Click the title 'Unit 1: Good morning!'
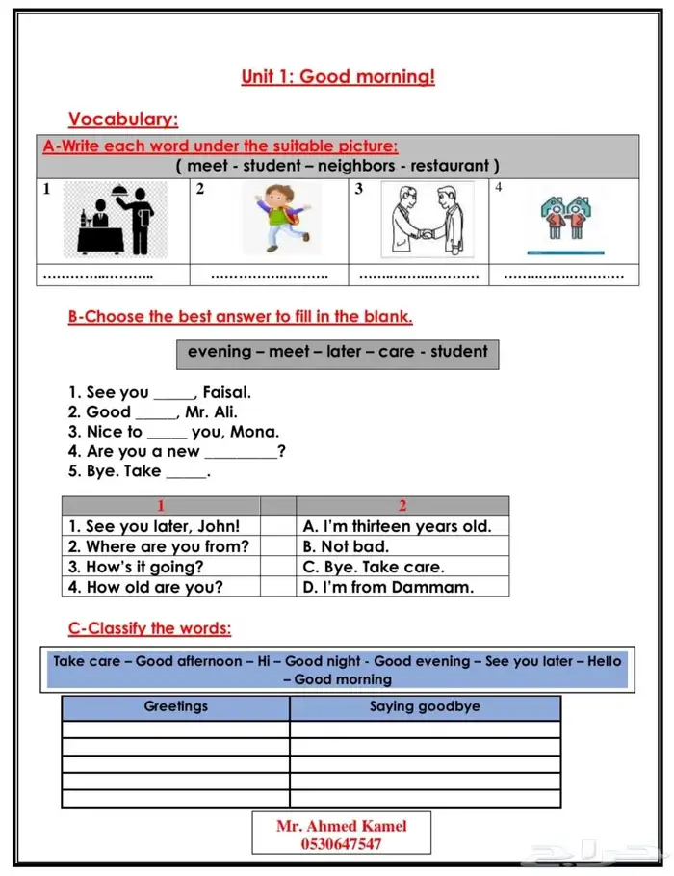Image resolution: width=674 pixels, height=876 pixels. point(338,77)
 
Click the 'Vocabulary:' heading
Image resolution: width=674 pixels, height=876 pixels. point(123,119)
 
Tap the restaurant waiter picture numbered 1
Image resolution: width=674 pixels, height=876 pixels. point(115,220)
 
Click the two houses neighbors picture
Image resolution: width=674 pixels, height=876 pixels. point(564,221)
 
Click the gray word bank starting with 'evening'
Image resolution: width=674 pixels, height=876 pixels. point(337,352)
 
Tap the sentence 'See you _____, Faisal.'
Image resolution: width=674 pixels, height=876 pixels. point(159,392)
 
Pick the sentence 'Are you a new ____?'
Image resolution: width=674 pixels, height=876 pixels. point(176,451)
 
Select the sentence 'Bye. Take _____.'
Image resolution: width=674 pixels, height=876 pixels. point(139,471)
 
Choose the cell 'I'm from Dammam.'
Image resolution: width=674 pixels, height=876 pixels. point(388,587)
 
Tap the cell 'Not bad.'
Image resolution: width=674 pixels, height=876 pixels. point(347,546)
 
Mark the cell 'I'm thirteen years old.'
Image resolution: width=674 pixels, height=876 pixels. point(397,526)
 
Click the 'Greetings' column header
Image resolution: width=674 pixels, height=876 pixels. point(175,706)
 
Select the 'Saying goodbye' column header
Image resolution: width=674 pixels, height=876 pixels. point(425,706)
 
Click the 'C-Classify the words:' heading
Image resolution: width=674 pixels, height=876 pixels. point(149,628)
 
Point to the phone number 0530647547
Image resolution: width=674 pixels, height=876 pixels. point(341,844)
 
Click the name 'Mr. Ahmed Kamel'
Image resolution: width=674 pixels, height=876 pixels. point(341,826)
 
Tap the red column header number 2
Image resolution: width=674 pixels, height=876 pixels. point(402,505)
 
